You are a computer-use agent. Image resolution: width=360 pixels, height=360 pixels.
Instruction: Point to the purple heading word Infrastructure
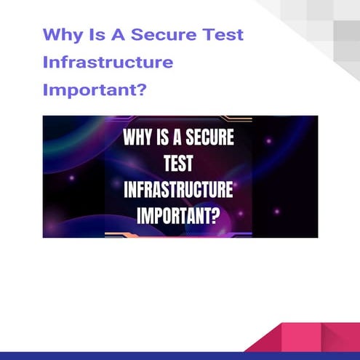pyautogui.click(x=108, y=63)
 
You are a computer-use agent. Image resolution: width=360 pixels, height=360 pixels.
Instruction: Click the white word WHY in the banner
pyautogui.click(x=138, y=138)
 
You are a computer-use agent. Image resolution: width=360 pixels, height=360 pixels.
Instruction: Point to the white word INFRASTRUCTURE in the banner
pyautogui.click(x=179, y=191)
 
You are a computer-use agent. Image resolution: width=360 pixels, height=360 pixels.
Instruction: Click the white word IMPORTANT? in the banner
pyautogui.click(x=179, y=216)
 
